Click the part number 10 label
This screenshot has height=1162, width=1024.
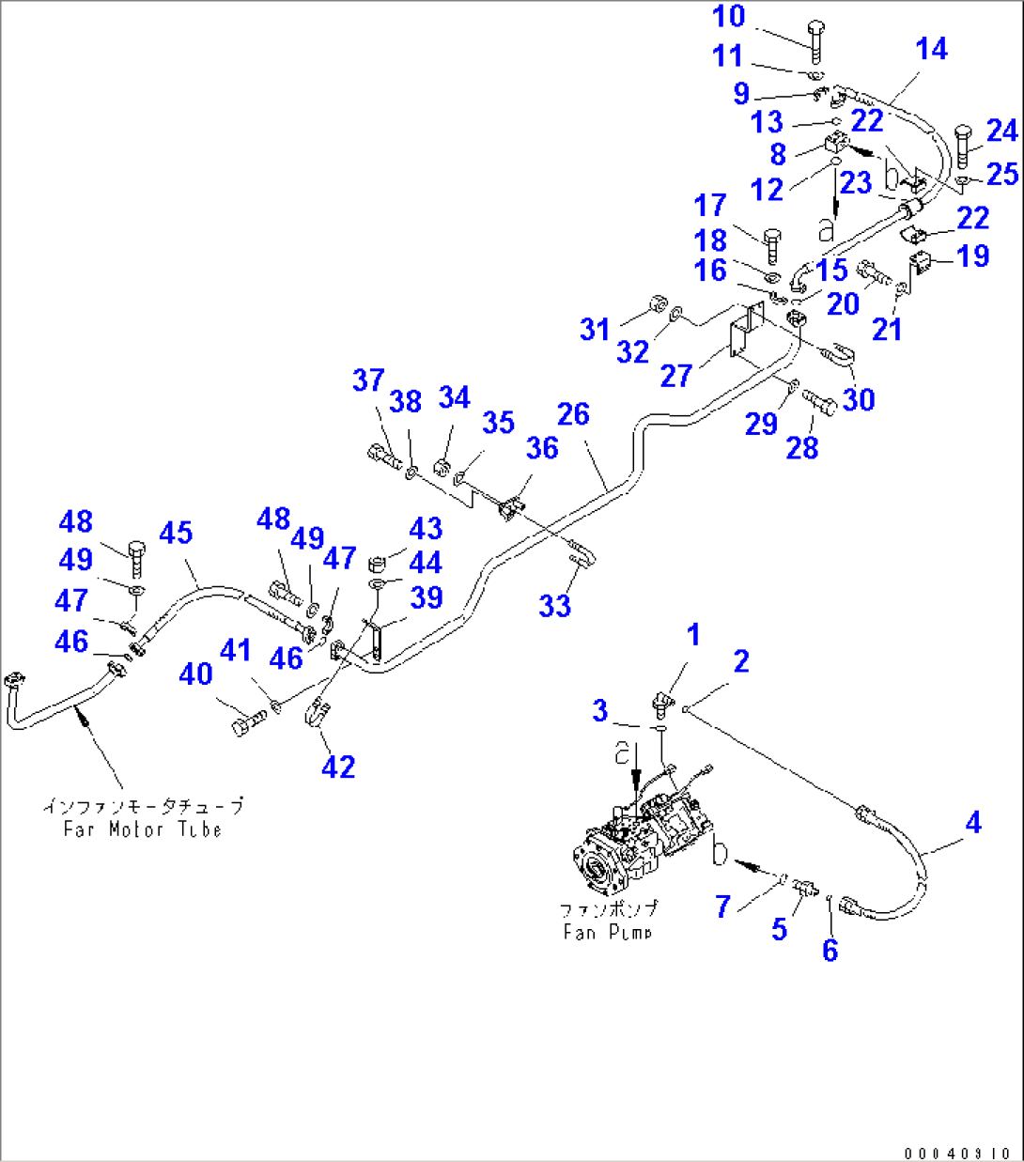[729, 17]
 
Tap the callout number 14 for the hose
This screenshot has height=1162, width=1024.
[931, 50]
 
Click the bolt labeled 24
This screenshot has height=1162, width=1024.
[964, 145]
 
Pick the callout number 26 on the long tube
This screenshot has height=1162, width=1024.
[573, 414]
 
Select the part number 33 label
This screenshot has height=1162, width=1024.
[554, 606]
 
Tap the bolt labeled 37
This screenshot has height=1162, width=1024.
[383, 457]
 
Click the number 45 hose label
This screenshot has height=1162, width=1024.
[176, 533]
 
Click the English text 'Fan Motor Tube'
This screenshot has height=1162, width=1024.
[142, 829]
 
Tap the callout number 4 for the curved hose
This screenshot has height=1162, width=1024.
[972, 823]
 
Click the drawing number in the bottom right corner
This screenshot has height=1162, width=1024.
[958, 1153]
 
